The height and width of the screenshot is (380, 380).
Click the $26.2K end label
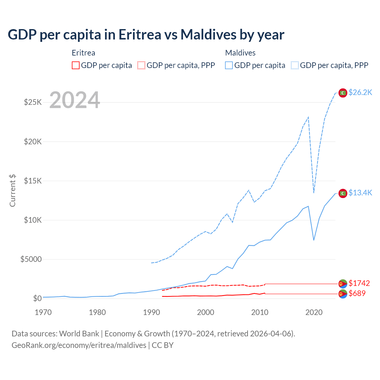click(360, 92)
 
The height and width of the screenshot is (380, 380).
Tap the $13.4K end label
click(360, 193)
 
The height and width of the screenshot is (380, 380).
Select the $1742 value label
click(359, 283)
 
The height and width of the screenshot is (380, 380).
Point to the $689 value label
click(357, 293)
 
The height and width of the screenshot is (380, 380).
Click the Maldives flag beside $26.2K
click(343, 93)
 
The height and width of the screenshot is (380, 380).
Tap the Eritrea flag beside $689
click(343, 294)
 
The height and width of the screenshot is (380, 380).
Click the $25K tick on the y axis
click(33, 102)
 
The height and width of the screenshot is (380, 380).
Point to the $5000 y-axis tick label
click(31, 259)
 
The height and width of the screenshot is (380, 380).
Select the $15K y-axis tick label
click(33, 181)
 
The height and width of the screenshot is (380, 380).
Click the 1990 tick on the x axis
click(151, 312)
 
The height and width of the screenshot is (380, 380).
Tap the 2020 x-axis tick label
click(314, 312)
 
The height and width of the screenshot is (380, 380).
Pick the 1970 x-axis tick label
click(43, 312)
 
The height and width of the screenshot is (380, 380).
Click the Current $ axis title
click(12, 191)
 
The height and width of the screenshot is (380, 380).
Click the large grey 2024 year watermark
click(75, 100)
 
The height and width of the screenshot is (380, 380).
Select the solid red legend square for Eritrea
click(76, 65)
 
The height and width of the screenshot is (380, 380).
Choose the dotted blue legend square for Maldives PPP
click(295, 65)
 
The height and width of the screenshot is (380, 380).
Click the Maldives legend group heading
click(240, 53)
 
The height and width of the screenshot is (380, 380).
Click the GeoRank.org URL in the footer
click(79, 345)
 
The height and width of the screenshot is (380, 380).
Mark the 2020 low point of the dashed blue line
click(314, 192)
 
